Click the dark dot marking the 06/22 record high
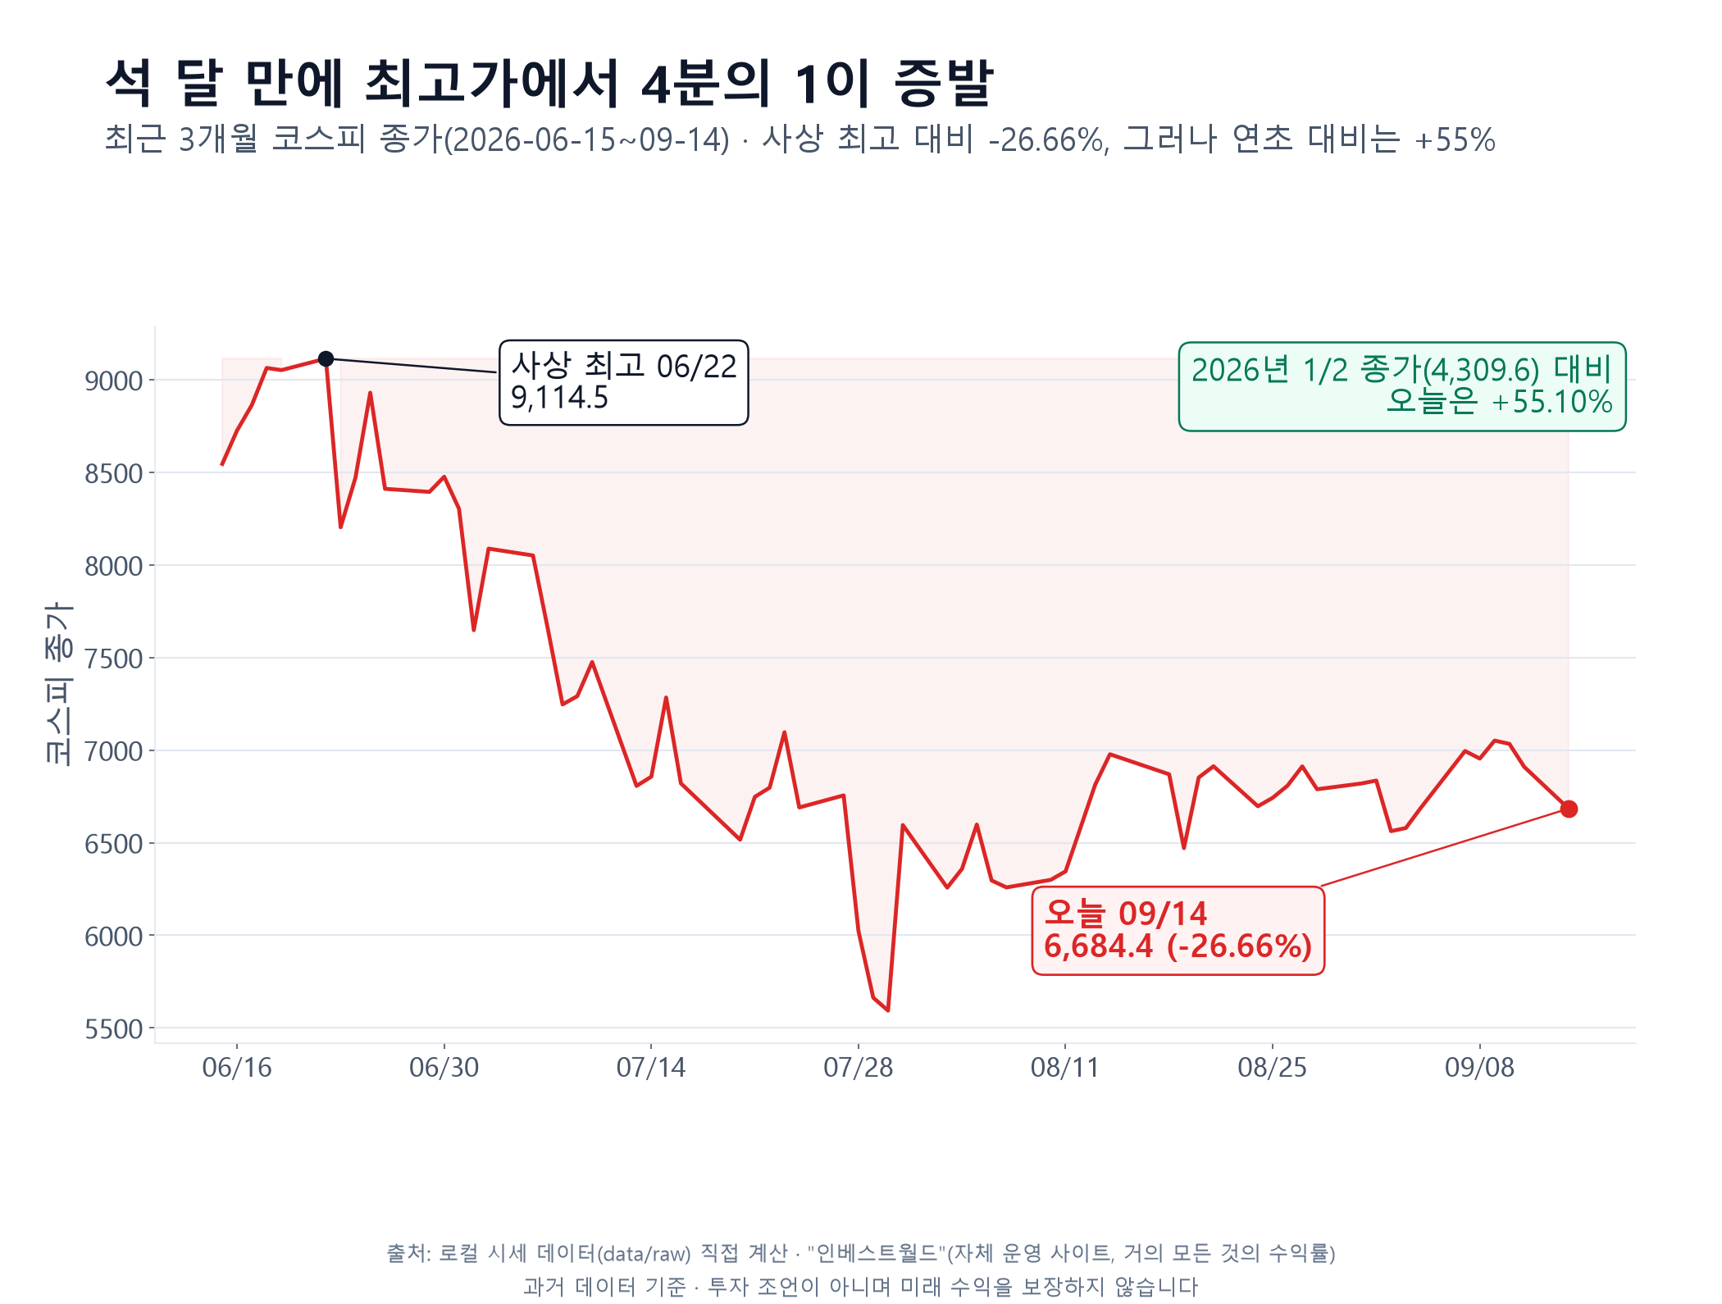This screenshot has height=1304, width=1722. (326, 358)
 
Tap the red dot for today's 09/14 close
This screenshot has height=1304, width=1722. (1569, 809)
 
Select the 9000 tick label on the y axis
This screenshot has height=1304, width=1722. (113, 381)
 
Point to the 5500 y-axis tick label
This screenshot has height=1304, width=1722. (113, 1029)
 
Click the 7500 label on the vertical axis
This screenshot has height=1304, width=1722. (113, 659)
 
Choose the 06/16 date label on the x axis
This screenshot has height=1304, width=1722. (237, 1067)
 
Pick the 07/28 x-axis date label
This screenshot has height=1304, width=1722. (859, 1067)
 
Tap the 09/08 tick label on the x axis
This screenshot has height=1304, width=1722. (1479, 1067)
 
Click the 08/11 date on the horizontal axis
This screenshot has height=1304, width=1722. (1065, 1067)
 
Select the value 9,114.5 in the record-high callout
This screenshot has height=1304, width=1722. (559, 398)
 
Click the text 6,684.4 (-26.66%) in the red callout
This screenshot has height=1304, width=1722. (1178, 946)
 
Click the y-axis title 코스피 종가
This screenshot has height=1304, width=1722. (58, 683)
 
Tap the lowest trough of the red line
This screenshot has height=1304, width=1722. (888, 1010)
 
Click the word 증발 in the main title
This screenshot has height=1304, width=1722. (944, 83)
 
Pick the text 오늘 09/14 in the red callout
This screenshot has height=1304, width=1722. (1125, 913)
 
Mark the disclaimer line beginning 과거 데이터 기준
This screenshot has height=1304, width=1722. (861, 1286)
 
